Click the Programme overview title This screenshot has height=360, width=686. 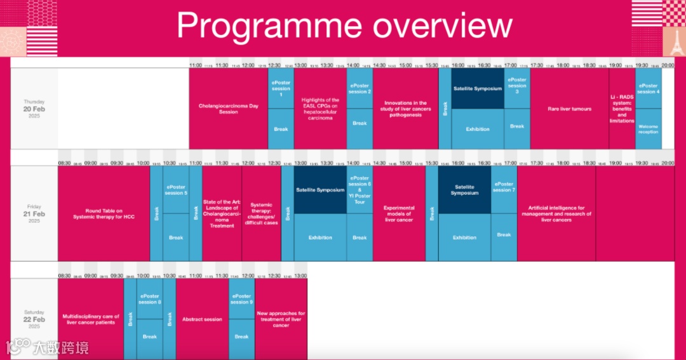[x=344, y=27]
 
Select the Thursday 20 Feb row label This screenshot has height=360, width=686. [x=34, y=109]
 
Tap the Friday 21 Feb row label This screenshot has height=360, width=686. [x=34, y=214]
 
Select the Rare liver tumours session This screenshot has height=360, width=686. [x=569, y=109]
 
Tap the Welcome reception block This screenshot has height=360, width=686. [x=648, y=129]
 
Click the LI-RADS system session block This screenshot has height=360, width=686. [x=622, y=109]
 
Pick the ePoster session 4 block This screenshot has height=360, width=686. [x=648, y=88]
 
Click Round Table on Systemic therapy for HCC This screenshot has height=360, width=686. [x=104, y=214]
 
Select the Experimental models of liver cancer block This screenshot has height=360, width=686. [x=399, y=214]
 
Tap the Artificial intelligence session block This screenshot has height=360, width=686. [x=556, y=214]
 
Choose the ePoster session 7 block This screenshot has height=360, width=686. [x=504, y=187]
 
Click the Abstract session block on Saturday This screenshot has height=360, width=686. [x=202, y=319]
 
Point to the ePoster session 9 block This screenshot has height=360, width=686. [x=241, y=298]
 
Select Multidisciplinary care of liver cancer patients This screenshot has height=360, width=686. [x=90, y=319]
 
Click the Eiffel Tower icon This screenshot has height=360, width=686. [x=674, y=41]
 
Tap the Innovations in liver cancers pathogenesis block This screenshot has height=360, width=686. [x=405, y=109]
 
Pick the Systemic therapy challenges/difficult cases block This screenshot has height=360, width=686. [x=261, y=214]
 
